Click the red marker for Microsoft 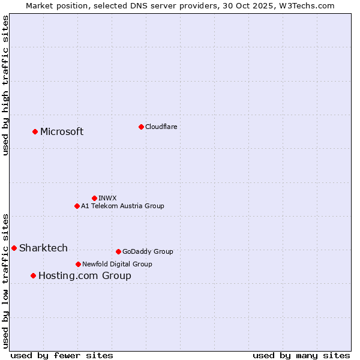(x=35, y=131)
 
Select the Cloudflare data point (x=141, y=127)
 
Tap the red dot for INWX (x=94, y=198)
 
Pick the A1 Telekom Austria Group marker (x=77, y=206)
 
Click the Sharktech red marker (x=14, y=248)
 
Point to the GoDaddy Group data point (x=118, y=251)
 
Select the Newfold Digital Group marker (x=78, y=264)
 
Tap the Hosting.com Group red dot (x=33, y=275)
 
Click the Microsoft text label (x=62, y=132)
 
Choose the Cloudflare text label (x=161, y=127)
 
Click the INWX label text (x=107, y=198)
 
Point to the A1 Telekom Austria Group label (x=122, y=206)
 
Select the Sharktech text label (x=43, y=248)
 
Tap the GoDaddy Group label (x=148, y=251)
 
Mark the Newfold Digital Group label (x=117, y=264)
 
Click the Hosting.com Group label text (x=85, y=276)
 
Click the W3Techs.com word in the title (x=311, y=5)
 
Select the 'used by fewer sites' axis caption (x=62, y=355)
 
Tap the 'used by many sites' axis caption (x=301, y=355)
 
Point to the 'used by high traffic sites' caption (x=5, y=85)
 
